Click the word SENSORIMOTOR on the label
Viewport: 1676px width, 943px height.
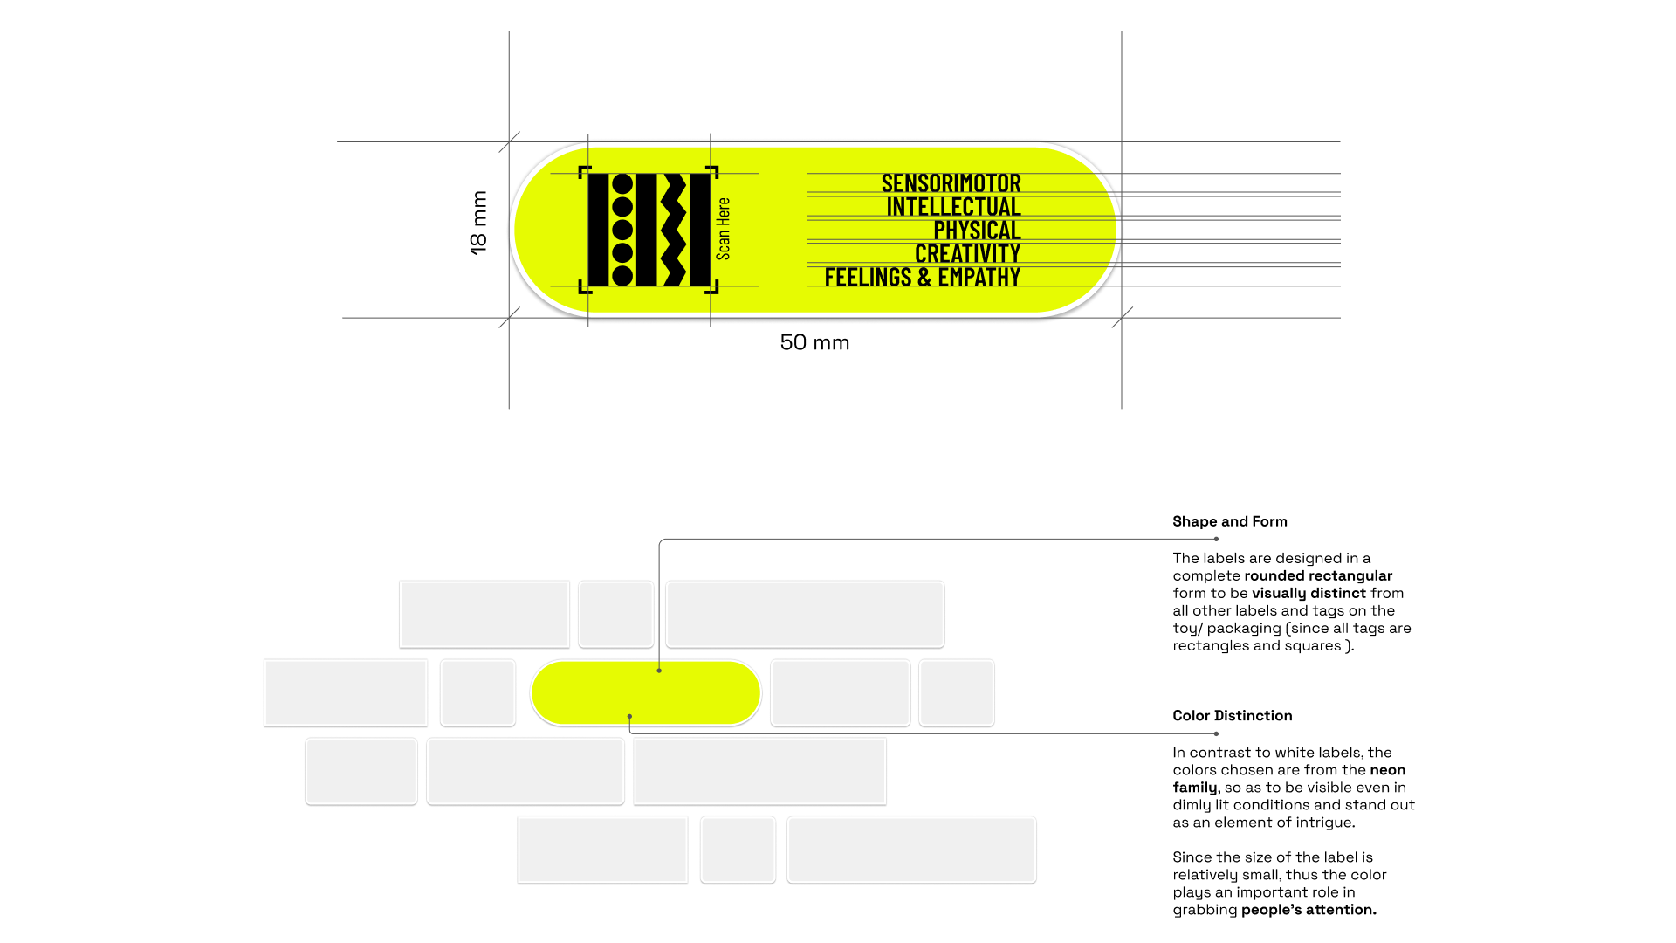pos(951,183)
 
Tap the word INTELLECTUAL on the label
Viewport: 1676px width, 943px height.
pos(953,207)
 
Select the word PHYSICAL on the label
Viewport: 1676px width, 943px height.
pos(977,231)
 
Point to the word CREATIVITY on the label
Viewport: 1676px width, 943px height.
pos(967,254)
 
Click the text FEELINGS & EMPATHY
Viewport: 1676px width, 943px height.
pos(922,278)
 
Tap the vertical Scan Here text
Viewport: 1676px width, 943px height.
pos(724,229)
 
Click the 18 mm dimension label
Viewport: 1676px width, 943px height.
pos(478,223)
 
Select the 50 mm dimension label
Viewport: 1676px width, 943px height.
pos(814,342)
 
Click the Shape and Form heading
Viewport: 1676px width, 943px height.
pos(1229,521)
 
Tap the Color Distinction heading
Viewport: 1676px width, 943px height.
pos(1232,716)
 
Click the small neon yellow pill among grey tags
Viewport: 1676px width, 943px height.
pos(646,692)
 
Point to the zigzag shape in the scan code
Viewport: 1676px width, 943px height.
pos(673,230)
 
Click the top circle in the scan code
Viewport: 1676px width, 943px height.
pos(622,184)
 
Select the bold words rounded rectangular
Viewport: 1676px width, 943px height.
pos(1317,576)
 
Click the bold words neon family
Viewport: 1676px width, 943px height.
pos(1388,770)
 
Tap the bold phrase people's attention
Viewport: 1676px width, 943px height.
pos(1309,910)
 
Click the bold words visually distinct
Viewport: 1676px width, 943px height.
pos(1308,594)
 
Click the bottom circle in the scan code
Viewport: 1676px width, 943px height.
pos(622,276)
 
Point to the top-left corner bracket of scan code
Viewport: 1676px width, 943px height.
pos(584,171)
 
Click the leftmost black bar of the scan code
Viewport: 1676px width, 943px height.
pos(598,230)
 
